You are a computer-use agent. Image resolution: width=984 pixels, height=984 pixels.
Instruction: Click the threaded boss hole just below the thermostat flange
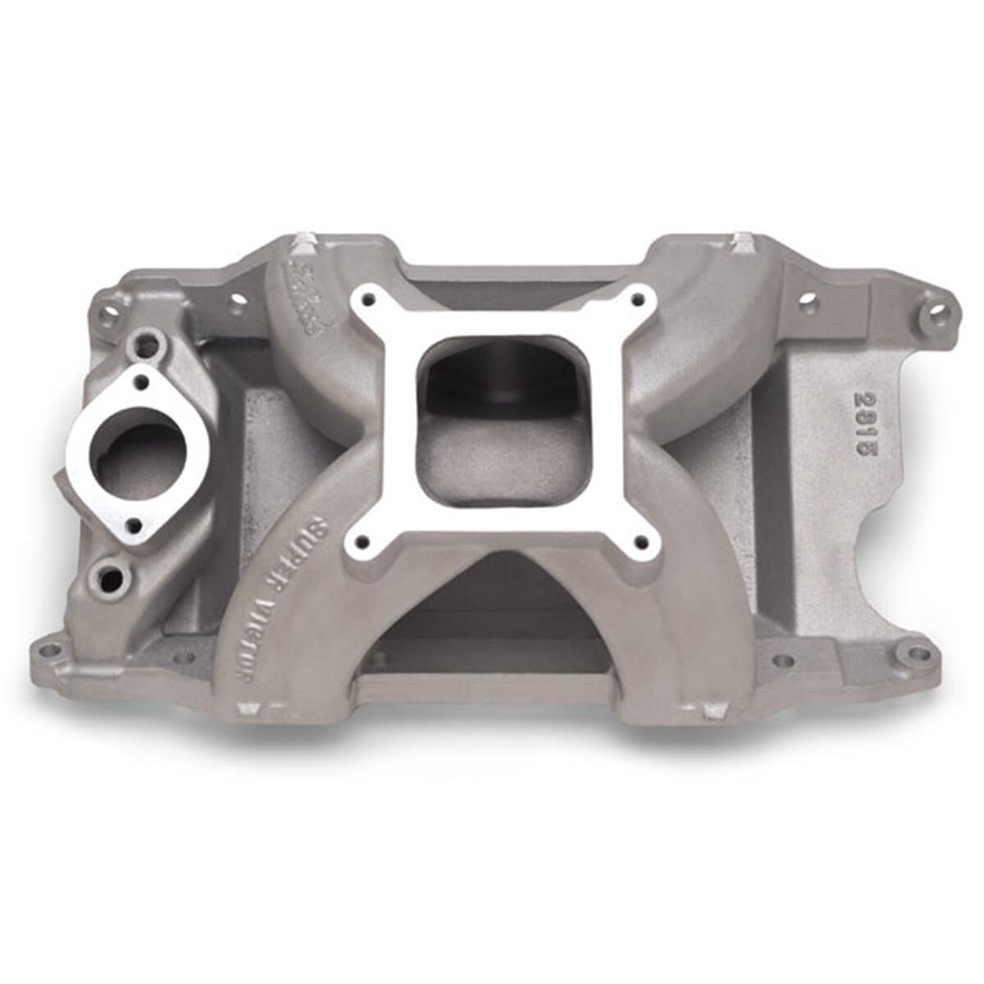click(107, 578)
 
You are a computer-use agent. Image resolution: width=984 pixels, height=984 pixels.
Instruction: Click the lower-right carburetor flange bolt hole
click(643, 541)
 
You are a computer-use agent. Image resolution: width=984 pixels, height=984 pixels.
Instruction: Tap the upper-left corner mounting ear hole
click(107, 312)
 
